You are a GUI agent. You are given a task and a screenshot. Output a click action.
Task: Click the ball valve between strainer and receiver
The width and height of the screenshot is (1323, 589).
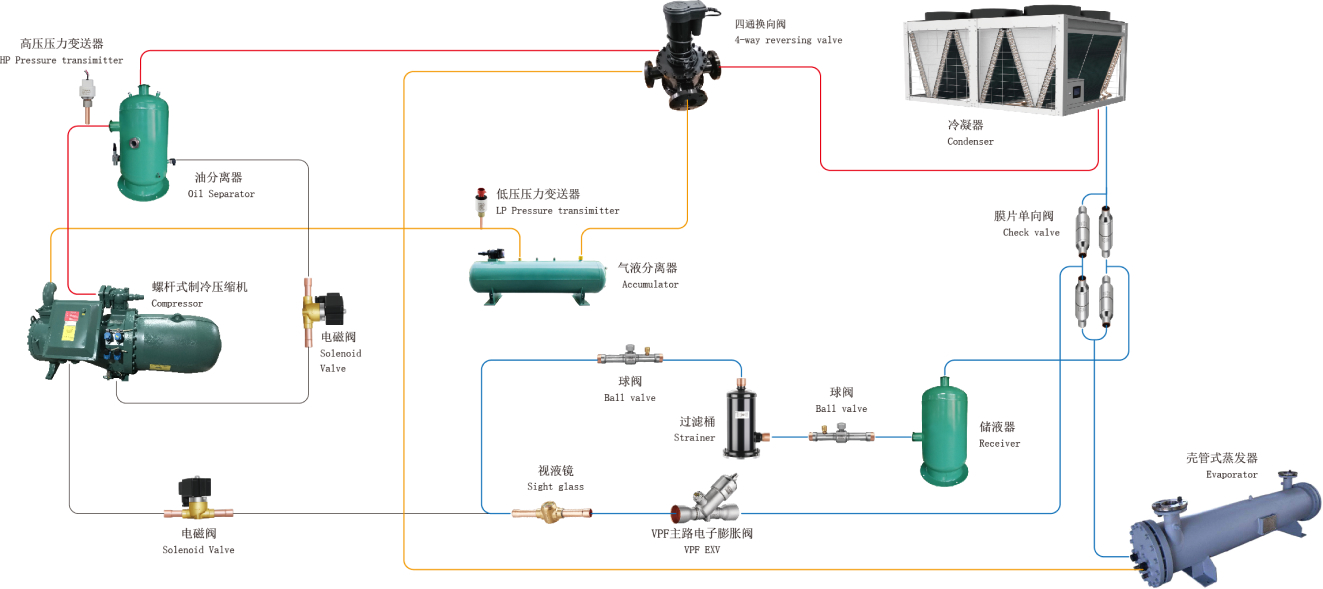click(841, 436)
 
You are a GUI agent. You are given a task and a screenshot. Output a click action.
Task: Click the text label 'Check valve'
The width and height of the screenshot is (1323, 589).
click(1031, 233)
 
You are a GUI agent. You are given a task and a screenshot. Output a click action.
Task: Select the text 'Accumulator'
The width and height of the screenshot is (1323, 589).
click(650, 285)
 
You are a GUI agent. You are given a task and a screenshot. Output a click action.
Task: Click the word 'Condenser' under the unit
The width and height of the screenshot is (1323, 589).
click(970, 142)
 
